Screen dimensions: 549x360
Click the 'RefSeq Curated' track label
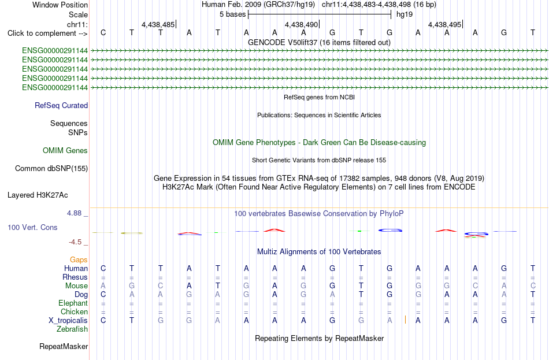tap(61, 105)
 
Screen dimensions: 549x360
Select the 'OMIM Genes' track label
tap(65, 151)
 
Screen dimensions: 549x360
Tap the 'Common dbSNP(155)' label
tap(51, 169)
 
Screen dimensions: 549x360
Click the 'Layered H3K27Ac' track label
tap(38, 195)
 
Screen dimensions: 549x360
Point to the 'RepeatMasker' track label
tap(64, 346)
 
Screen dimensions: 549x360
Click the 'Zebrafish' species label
tap(72, 329)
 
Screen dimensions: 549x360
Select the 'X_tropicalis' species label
tap(68, 321)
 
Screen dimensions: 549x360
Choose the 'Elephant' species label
tap(73, 303)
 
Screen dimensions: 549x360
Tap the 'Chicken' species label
tap(74, 311)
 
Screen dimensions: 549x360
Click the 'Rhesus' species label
tap(75, 277)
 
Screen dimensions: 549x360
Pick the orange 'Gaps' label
tap(79, 259)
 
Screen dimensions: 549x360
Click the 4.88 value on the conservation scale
tap(74, 213)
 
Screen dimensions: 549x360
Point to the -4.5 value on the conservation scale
tap(75, 242)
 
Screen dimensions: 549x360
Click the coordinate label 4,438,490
tap(301, 24)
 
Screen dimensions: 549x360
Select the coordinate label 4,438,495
tap(444, 24)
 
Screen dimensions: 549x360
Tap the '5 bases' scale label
tap(233, 14)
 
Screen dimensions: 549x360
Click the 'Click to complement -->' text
tap(47, 34)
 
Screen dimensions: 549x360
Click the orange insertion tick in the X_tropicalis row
tap(406, 320)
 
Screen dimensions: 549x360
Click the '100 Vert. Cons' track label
tap(32, 227)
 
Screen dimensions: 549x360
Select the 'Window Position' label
tap(60, 5)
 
